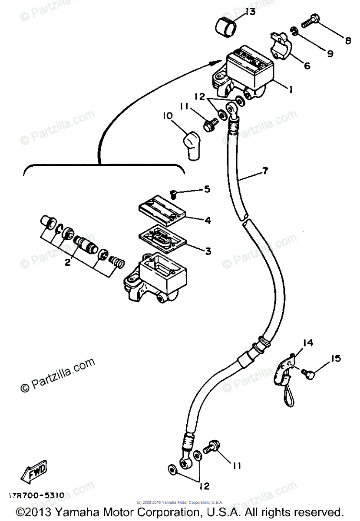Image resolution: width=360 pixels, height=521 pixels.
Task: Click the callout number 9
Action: click(330, 54)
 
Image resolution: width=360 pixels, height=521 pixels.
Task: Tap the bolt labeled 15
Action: click(312, 372)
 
